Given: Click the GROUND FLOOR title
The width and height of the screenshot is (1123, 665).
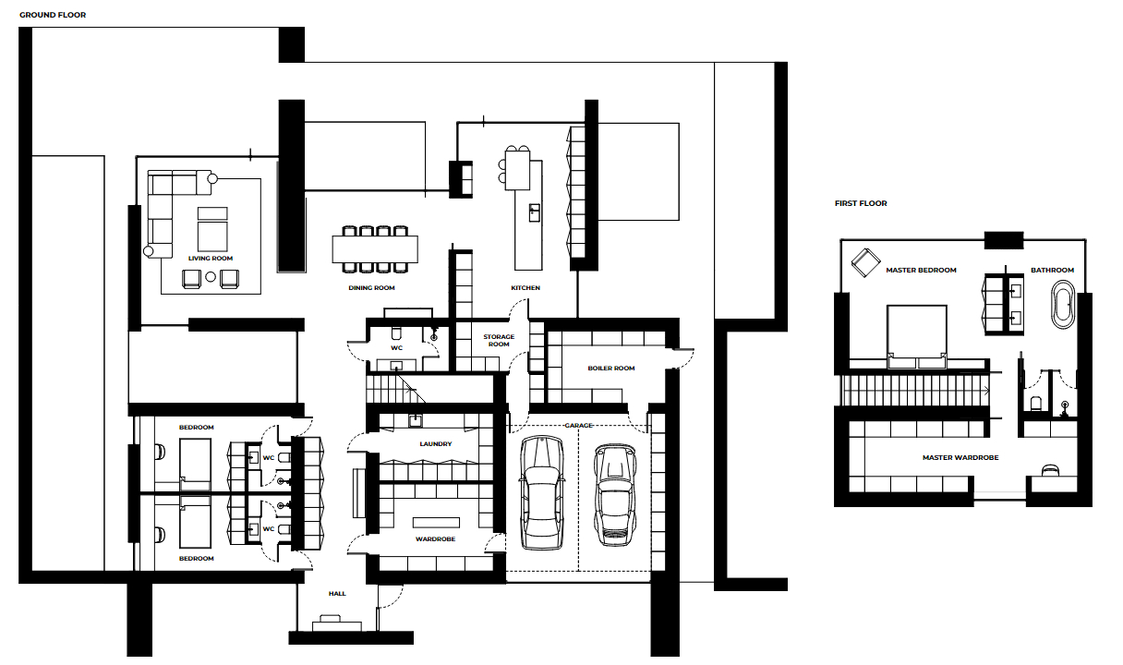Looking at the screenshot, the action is coord(53,15).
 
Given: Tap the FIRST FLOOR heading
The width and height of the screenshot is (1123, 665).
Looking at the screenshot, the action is coord(861,203).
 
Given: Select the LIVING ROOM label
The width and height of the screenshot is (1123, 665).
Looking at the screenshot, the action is coord(211,259).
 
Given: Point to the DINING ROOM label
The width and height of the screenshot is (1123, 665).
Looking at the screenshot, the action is coord(371,288).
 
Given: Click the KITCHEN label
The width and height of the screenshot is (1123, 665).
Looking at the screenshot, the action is coord(525,288).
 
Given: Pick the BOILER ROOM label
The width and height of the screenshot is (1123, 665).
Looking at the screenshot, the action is coord(611,369).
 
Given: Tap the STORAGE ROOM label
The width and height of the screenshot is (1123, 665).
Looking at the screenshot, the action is coord(499,341).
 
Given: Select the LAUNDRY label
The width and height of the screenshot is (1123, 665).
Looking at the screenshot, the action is coord(436,444).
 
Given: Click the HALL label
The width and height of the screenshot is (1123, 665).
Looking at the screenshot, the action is coord(337,594).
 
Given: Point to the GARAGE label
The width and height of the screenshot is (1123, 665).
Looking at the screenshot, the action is coord(578,425).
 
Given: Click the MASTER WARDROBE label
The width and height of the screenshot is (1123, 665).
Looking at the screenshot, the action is coord(960,457).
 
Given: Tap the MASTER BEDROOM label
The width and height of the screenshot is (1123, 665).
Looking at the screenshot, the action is coord(921,270).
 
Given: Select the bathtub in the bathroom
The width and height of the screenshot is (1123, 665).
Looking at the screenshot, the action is coord(1063,305).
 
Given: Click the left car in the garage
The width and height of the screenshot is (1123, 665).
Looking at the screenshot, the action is coord(542,492).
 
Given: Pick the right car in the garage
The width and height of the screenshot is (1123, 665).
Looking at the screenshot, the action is coord(615,494).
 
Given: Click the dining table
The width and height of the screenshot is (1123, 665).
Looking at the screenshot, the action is coord(375,249).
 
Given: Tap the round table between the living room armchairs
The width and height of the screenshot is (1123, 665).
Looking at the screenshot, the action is coord(211,276).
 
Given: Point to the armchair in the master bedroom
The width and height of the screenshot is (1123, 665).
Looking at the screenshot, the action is coord(865,262).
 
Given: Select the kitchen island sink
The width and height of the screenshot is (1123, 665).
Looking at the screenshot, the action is coord(535,212).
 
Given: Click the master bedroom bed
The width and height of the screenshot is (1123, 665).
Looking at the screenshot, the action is coord(916,336).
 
